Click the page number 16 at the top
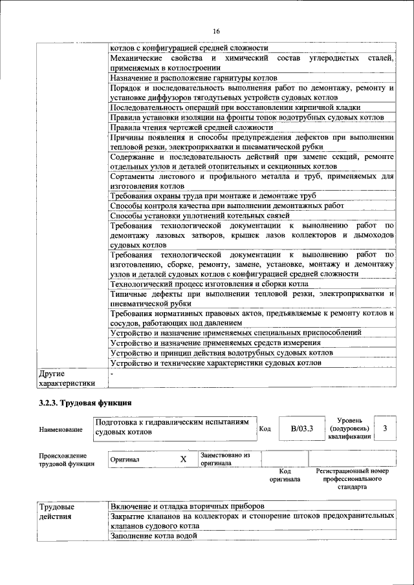(215, 31)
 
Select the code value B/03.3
(301, 428)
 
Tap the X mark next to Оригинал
(183, 459)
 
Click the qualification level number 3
(385, 428)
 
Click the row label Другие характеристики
(67, 378)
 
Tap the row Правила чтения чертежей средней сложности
(183, 127)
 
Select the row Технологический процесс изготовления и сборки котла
(209, 284)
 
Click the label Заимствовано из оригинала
(224, 459)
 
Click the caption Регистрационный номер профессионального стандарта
(352, 479)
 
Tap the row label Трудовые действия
(57, 511)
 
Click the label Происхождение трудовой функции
(66, 459)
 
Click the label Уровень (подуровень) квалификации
(349, 428)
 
